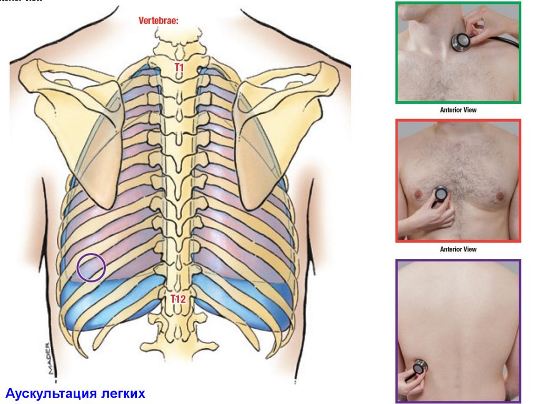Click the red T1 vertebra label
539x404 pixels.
[x=179, y=67]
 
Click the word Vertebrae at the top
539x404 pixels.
[x=158, y=21]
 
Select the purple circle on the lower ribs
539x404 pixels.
[x=91, y=267]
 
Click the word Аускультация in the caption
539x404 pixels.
[x=49, y=393]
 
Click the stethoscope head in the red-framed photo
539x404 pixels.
[x=440, y=196]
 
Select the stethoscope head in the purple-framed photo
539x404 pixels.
[x=420, y=367]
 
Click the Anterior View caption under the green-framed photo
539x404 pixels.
[x=458, y=110]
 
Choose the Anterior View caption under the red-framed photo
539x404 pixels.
[x=458, y=249]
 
